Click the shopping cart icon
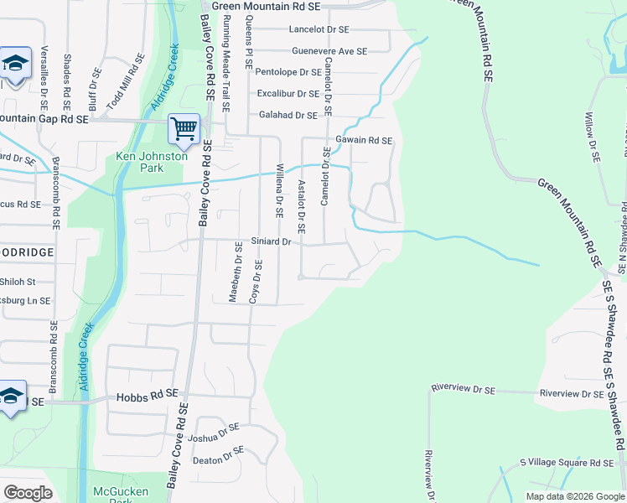click(x=184, y=128)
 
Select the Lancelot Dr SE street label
click(x=319, y=29)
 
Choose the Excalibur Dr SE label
click(x=288, y=94)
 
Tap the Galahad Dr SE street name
click(x=288, y=116)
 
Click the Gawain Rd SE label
click(x=364, y=141)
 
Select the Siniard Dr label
click(x=270, y=242)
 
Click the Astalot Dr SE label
click(x=299, y=207)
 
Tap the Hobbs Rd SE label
click(x=148, y=393)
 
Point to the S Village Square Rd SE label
click(x=567, y=463)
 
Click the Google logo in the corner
click(x=28, y=493)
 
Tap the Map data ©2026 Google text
click(x=576, y=496)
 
